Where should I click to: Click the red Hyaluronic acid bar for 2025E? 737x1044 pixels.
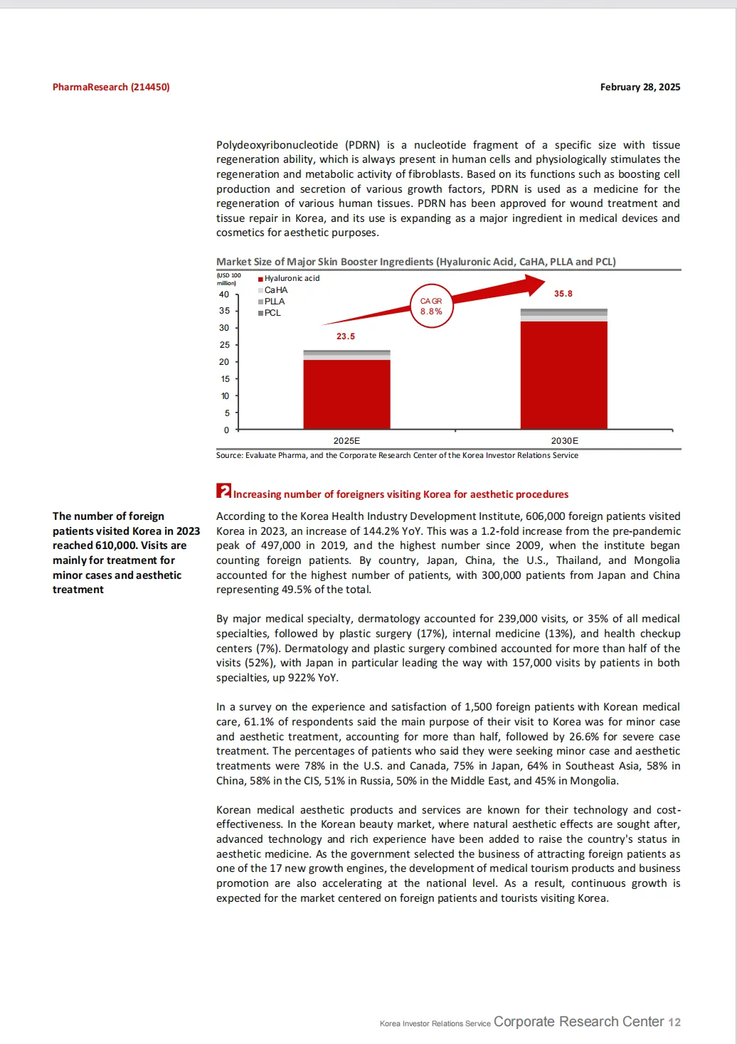coord(346,394)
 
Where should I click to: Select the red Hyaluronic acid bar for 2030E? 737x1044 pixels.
coord(563,375)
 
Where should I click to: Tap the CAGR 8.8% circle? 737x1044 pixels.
coord(431,307)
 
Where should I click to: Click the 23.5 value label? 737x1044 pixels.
coord(346,336)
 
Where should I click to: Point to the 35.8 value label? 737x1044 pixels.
coord(563,294)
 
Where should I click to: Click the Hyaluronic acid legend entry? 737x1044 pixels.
coord(291,279)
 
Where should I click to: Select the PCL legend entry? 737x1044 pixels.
coord(272,313)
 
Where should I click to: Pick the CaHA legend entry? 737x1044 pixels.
coord(275,290)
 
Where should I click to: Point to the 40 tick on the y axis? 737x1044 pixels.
coord(224,294)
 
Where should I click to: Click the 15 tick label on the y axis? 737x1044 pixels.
coord(224,379)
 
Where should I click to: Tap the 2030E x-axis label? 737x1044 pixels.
coord(565,441)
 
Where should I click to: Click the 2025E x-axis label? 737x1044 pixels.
coord(346,441)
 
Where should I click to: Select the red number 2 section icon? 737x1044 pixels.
coord(223,491)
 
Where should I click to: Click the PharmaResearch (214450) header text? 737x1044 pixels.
coord(111,87)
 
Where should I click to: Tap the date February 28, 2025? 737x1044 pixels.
coord(640,87)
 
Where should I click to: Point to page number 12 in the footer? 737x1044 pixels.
coord(674,1023)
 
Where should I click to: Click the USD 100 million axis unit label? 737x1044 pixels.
coord(228,279)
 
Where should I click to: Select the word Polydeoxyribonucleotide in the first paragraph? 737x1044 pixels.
coord(277,145)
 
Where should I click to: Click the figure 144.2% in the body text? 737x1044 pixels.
coord(398,531)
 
